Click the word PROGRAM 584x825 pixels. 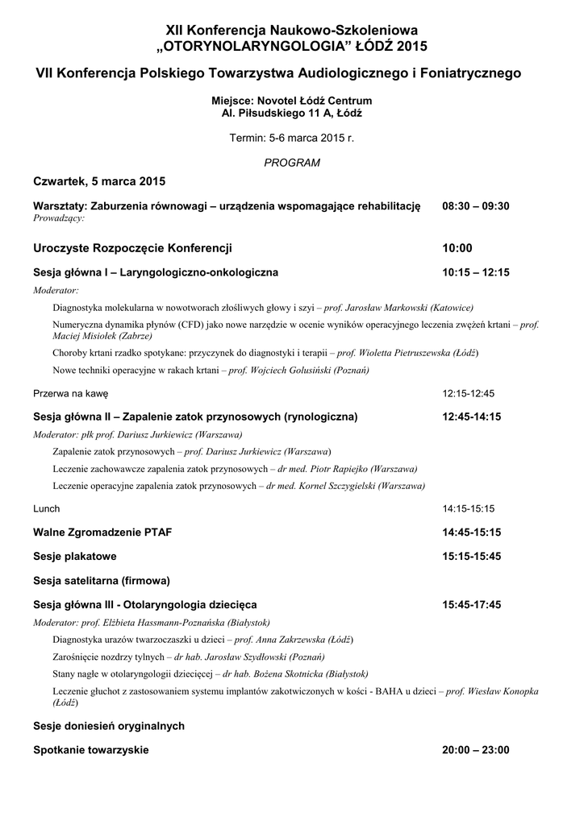point(292,163)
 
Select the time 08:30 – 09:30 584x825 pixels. point(476,206)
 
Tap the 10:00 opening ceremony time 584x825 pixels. point(457,248)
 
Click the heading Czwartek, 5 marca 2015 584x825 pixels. point(99,181)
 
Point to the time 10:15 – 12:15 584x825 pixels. point(476,272)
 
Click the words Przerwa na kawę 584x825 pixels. point(71,394)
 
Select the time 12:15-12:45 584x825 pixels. point(468,394)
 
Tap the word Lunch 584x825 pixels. point(47,509)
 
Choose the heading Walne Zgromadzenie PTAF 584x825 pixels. point(102,533)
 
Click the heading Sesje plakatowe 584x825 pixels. point(75,556)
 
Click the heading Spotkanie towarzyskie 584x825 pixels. point(91,750)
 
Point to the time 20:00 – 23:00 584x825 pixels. point(476,750)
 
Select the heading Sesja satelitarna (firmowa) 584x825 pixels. point(102,579)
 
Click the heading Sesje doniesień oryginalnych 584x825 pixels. point(109,726)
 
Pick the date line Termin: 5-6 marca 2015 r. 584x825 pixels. point(292,138)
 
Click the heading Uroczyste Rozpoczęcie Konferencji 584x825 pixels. point(133,248)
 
